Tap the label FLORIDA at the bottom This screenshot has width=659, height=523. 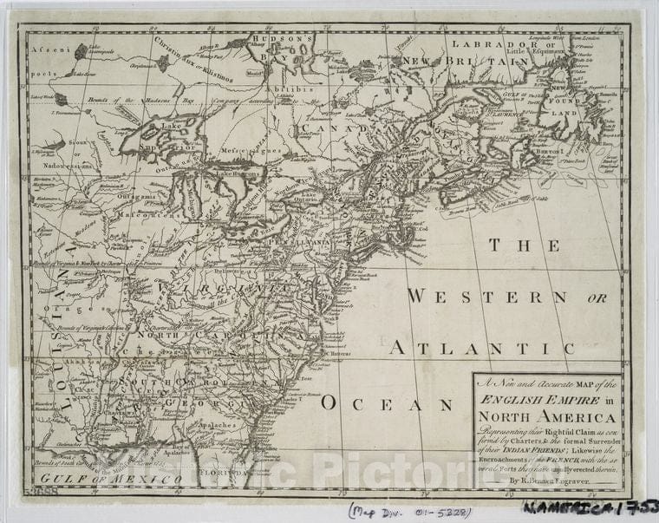click(x=221, y=474)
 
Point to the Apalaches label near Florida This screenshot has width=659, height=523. click(x=220, y=425)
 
